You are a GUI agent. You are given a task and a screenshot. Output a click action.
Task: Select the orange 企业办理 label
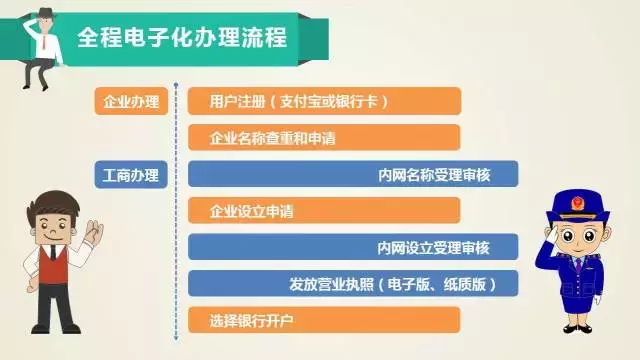pyautogui.click(x=131, y=101)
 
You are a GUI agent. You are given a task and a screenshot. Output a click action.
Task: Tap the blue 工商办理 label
pyautogui.click(x=131, y=174)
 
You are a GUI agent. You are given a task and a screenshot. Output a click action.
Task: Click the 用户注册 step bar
pyautogui.click(x=323, y=101)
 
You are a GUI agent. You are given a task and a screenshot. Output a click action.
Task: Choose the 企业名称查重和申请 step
pyautogui.click(x=323, y=138)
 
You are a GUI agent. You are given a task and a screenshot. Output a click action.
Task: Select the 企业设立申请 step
pyautogui.click(x=323, y=211)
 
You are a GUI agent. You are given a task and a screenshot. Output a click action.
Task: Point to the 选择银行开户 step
pyautogui.click(x=323, y=320)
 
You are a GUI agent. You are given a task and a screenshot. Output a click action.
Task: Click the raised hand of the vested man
pyautogui.click(x=93, y=232)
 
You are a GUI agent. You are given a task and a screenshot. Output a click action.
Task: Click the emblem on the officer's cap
pyautogui.click(x=575, y=201)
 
